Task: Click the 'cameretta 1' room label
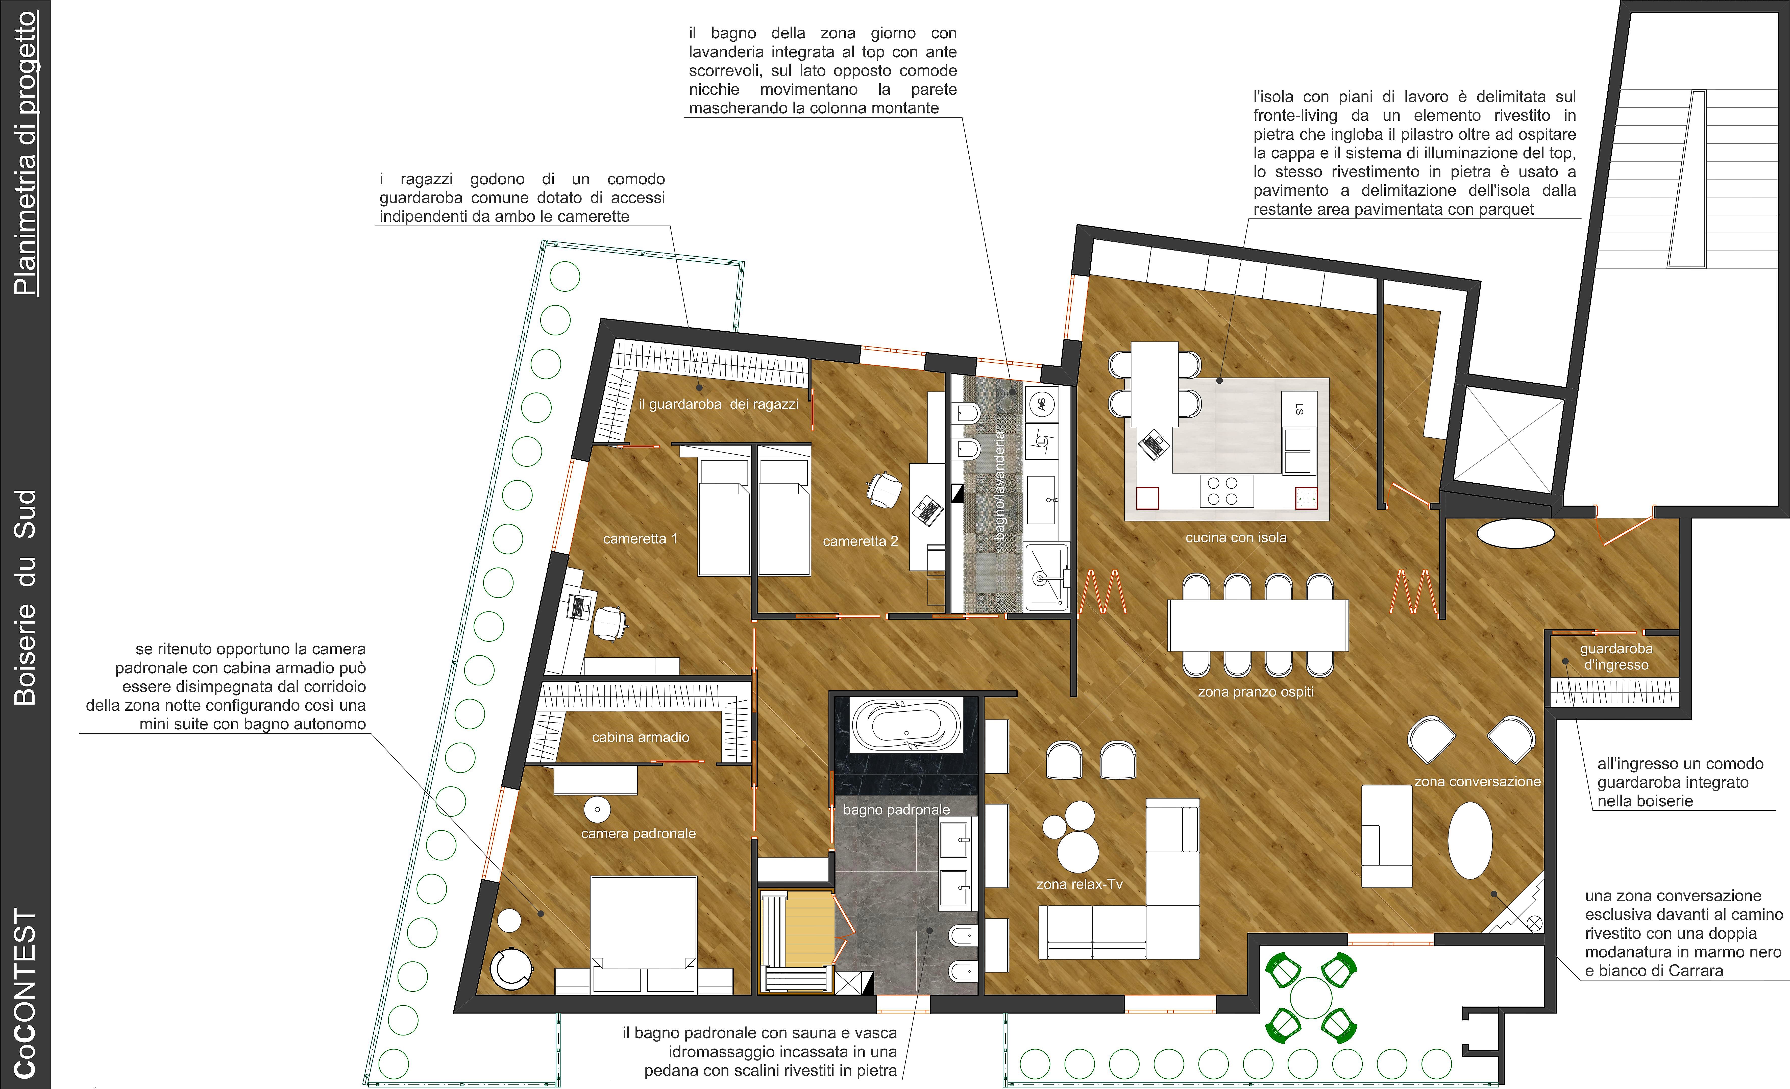click(640, 538)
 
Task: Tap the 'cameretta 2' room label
click(860, 541)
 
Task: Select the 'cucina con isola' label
click(1236, 538)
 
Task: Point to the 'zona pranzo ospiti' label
click(1255, 692)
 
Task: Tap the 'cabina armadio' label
click(640, 737)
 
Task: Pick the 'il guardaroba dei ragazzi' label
click(719, 404)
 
